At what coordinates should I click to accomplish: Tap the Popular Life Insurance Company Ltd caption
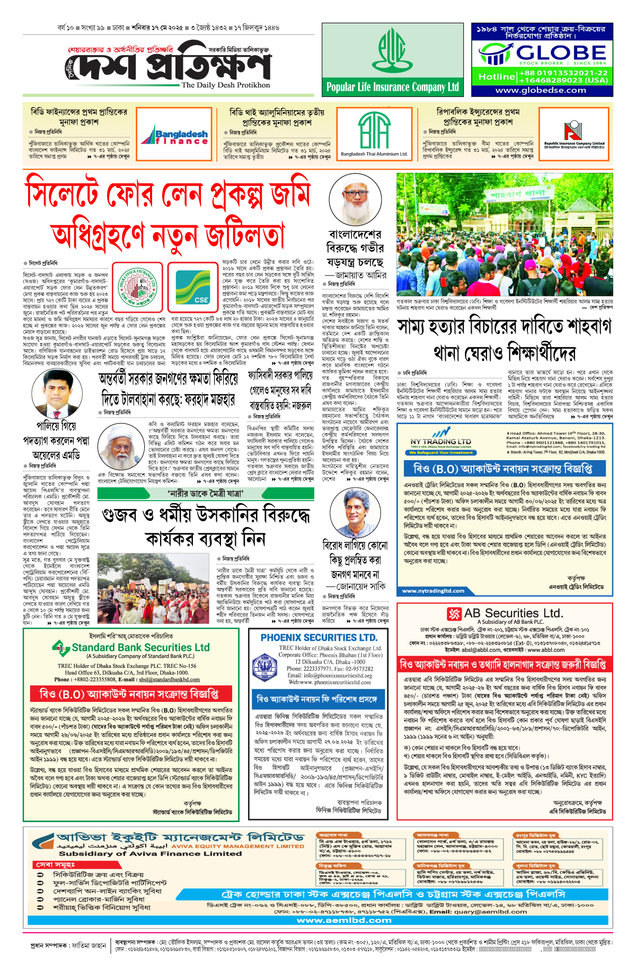(x=393, y=87)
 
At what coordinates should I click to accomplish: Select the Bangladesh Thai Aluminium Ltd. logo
(x=374, y=133)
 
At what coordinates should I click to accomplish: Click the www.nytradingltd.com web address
(x=433, y=591)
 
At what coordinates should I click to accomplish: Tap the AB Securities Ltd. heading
(x=513, y=613)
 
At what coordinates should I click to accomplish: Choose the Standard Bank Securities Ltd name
(x=140, y=647)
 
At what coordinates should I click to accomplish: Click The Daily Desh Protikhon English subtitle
(x=225, y=85)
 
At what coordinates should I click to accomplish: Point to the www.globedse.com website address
(x=541, y=90)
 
